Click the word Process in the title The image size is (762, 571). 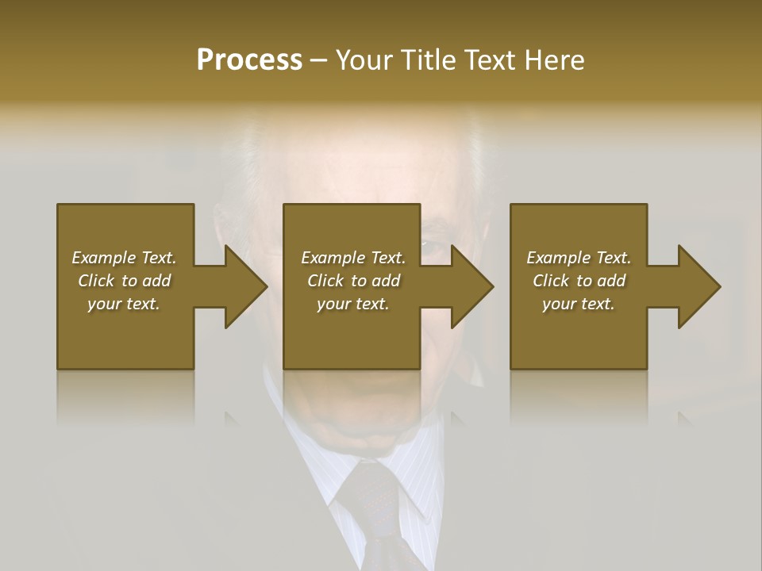click(249, 60)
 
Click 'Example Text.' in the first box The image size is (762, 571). click(124, 258)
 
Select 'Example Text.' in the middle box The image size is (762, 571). click(353, 258)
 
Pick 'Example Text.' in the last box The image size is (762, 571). click(579, 258)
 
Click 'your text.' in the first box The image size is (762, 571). click(124, 304)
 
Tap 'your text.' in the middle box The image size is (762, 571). click(353, 304)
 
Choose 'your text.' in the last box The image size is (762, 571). click(579, 304)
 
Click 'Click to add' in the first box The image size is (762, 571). click(124, 281)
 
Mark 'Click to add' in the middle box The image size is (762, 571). click(353, 281)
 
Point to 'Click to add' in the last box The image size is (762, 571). click(579, 281)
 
